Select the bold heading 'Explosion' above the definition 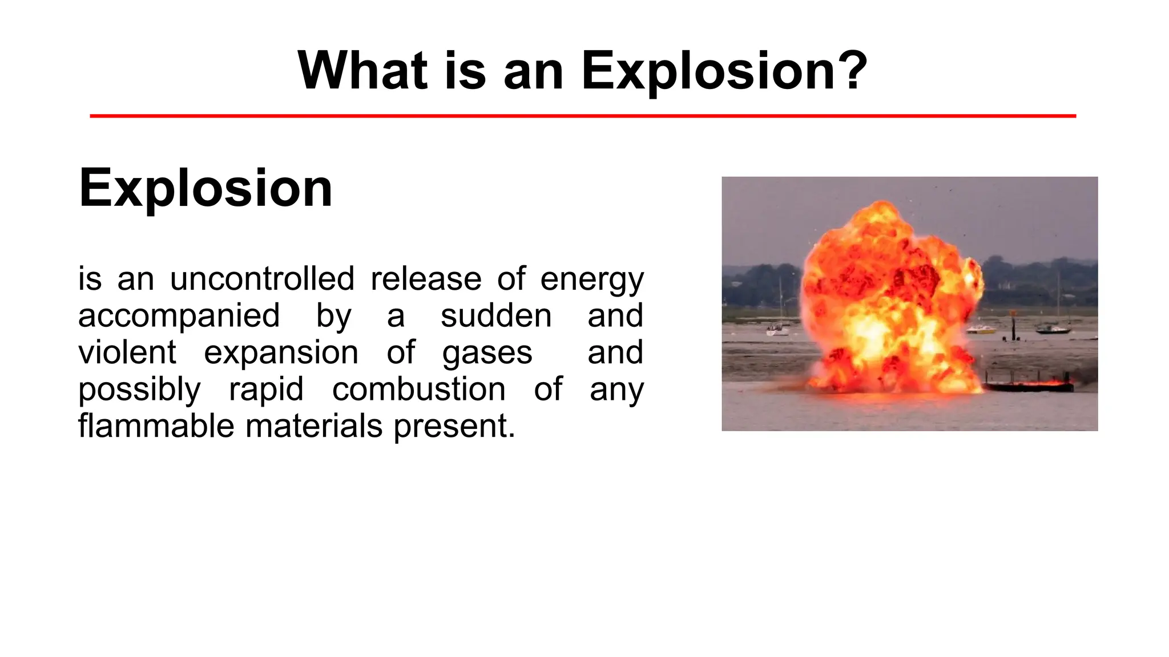pyautogui.click(x=205, y=188)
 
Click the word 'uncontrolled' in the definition pyautogui.click(x=262, y=279)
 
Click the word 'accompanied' pyautogui.click(x=179, y=317)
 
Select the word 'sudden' pyautogui.click(x=495, y=315)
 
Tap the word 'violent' pyautogui.click(x=127, y=352)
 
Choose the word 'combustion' pyautogui.click(x=418, y=390)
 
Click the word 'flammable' pyautogui.click(x=156, y=426)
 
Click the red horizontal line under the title pyautogui.click(x=582, y=116)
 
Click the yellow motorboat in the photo pyautogui.click(x=980, y=330)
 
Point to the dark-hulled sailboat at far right pyautogui.click(x=1053, y=329)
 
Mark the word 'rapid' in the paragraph pyautogui.click(x=265, y=390)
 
